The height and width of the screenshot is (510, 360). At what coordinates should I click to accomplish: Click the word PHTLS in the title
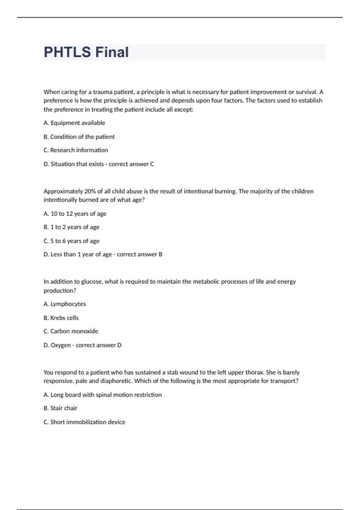67,52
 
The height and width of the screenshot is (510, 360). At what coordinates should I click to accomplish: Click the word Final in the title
112,52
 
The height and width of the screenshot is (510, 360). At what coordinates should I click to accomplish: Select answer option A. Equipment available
74,123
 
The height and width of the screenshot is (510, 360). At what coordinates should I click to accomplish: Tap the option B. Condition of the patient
79,137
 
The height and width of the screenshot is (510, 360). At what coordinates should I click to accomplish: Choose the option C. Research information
76,150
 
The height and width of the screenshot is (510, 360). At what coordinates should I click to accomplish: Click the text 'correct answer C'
131,164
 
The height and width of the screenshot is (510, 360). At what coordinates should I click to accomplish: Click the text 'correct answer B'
139,254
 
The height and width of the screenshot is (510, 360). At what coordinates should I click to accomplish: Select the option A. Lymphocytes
65,304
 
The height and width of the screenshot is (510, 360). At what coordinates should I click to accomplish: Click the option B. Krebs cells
61,318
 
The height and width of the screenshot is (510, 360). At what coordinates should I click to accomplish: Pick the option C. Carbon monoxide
71,331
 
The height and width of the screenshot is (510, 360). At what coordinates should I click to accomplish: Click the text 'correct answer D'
98,345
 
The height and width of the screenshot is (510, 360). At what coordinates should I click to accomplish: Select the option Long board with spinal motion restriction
103,395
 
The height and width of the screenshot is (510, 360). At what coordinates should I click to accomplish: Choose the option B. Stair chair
60,408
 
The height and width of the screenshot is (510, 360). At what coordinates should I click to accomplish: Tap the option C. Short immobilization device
84,422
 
